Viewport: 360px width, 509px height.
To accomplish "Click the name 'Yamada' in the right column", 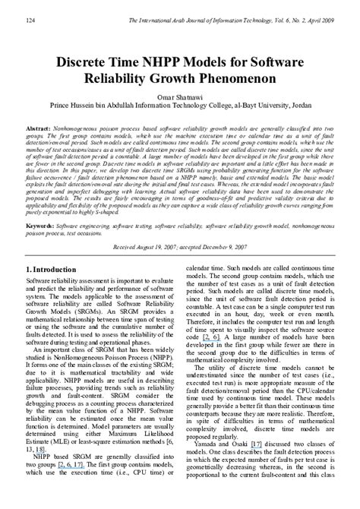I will (x=213, y=464).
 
